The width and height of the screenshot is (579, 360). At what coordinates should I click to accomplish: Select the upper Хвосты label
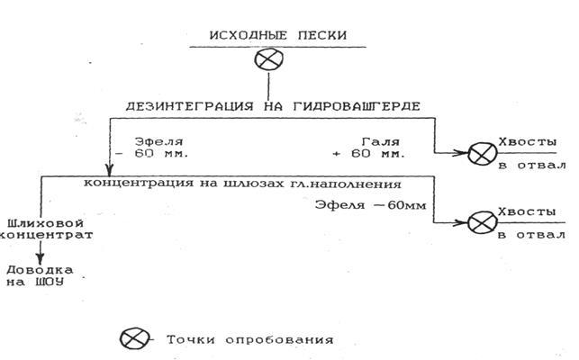[529, 143]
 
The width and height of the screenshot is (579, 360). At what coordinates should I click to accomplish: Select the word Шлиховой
[34, 220]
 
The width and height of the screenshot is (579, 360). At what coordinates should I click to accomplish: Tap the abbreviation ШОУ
[53, 283]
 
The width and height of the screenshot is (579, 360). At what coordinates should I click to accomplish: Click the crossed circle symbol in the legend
[131, 339]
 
